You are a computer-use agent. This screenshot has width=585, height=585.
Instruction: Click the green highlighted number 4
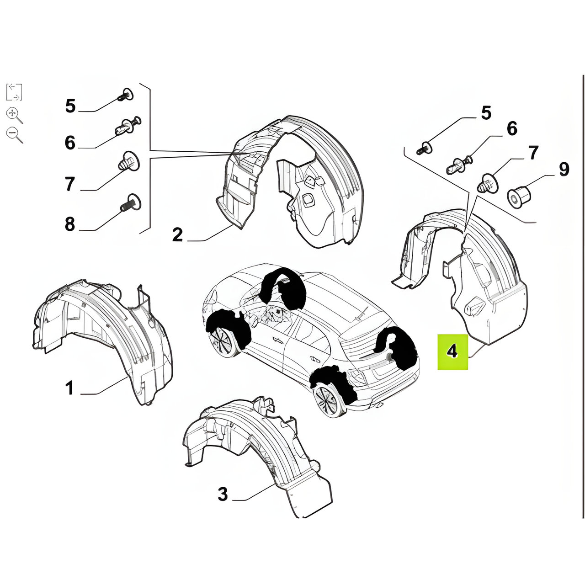(x=452, y=352)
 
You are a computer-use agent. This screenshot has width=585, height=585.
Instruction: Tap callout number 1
(x=69, y=388)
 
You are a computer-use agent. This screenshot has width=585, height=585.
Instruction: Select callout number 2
(x=178, y=234)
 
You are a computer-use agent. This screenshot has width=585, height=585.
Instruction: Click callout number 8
(x=69, y=224)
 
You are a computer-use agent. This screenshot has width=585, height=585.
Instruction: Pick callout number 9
(x=564, y=169)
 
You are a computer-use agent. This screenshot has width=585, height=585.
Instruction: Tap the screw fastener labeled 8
(x=131, y=202)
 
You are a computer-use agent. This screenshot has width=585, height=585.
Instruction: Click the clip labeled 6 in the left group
(x=128, y=126)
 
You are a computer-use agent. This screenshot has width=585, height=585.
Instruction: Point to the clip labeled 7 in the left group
(x=128, y=161)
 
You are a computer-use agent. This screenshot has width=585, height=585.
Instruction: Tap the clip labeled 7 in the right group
(x=488, y=183)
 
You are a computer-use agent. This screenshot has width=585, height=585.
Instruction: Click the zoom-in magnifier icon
(x=14, y=115)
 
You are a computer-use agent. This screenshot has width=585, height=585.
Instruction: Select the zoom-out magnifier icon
(x=14, y=135)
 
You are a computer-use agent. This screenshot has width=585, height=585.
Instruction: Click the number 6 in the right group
(x=512, y=128)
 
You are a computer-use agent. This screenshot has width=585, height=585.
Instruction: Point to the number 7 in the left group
(x=69, y=184)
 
